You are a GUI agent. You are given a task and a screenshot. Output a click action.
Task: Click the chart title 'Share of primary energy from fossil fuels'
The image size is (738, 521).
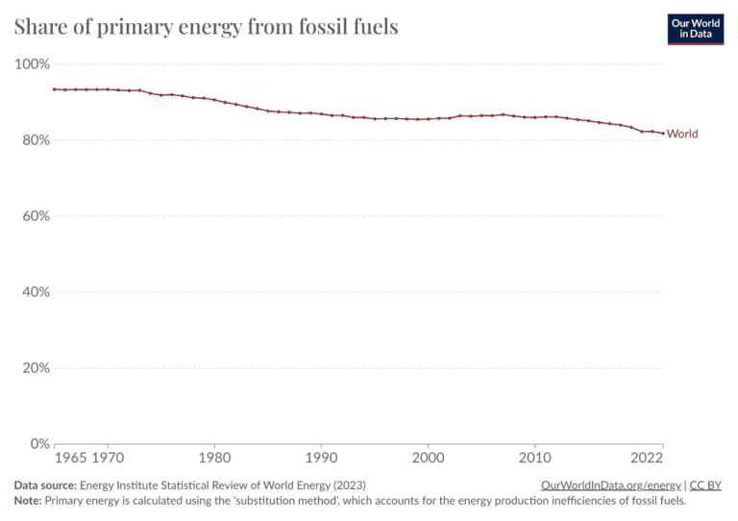click(206, 27)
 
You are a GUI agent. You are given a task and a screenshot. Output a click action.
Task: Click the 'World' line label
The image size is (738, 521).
click(682, 134)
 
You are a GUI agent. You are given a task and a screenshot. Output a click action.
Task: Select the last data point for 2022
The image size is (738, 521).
click(663, 134)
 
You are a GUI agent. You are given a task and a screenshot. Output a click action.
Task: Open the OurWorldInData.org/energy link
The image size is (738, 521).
click(610, 485)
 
